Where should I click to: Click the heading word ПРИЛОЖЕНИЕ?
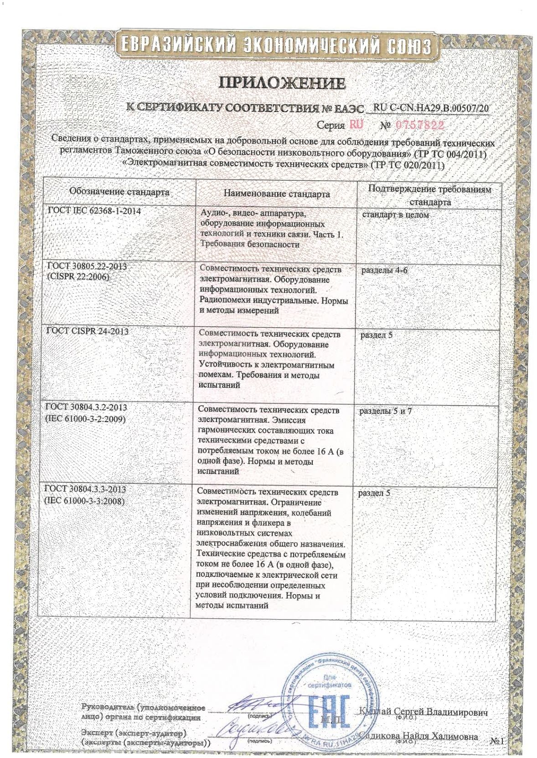point(283,83)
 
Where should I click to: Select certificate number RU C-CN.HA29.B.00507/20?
point(430,108)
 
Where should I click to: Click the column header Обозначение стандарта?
point(119,192)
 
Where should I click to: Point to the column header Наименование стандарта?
point(277,193)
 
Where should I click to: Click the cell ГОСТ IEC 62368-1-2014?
point(94,211)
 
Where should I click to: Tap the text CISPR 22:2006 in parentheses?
point(78,276)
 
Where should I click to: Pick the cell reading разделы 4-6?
point(384,270)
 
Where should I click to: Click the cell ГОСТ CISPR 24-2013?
point(88,331)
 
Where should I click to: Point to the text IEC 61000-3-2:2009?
point(85,418)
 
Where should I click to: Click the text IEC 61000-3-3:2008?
point(84,501)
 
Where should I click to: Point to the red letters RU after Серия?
point(356,124)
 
